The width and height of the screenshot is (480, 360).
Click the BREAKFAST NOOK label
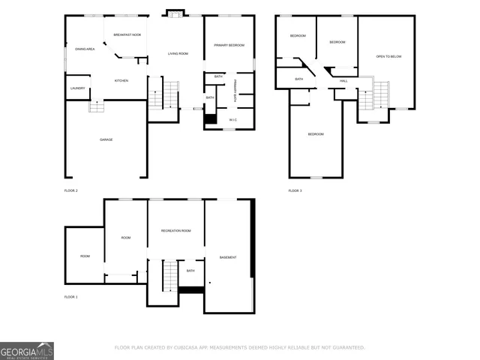coord(127,34)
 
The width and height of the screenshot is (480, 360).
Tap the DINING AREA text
coord(84,49)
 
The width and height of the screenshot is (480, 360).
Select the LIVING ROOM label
coord(178,53)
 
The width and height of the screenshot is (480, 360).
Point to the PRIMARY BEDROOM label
coord(229,45)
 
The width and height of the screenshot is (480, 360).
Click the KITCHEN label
coord(121,80)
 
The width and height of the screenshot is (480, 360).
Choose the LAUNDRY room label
coord(78,88)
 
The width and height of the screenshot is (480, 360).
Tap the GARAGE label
coord(106,139)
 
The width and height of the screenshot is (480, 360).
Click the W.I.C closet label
coord(233,119)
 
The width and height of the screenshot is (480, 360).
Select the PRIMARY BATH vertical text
coord(235,91)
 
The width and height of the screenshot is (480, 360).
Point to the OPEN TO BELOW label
coord(388,56)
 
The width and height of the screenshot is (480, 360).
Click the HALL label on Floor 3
coord(343,80)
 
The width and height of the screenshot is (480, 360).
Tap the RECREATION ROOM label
coord(175,230)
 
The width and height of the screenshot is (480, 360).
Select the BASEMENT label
coord(228,257)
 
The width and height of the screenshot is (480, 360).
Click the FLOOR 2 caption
coord(71,191)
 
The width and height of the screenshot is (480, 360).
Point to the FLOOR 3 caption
coord(295,191)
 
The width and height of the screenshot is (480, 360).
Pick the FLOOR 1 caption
coord(71,297)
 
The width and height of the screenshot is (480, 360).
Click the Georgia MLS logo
coord(27,351)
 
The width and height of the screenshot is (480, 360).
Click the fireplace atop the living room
coord(175,13)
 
